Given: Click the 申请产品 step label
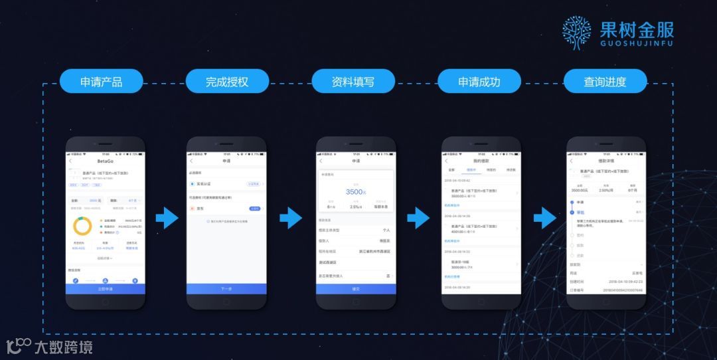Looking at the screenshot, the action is click(101, 82).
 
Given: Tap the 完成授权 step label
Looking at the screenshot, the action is click(227, 82).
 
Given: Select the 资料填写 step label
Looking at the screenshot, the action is click(353, 82).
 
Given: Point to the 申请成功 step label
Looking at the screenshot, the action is click(479, 82).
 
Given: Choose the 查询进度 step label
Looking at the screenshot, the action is click(605, 82).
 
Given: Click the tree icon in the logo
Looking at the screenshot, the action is click(576, 33).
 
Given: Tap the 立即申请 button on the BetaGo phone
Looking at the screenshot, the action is click(105, 289).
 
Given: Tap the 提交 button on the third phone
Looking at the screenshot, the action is click(356, 289).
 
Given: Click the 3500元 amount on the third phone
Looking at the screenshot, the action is click(356, 192).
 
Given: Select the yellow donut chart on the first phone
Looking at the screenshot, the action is click(82, 226).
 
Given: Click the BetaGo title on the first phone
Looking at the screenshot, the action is click(105, 161).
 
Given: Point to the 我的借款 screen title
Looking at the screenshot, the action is click(481, 161).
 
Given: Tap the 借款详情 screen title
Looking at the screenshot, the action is click(607, 161).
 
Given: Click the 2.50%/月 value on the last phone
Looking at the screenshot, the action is click(606, 191).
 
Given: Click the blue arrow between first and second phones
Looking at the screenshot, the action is click(167, 218).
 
